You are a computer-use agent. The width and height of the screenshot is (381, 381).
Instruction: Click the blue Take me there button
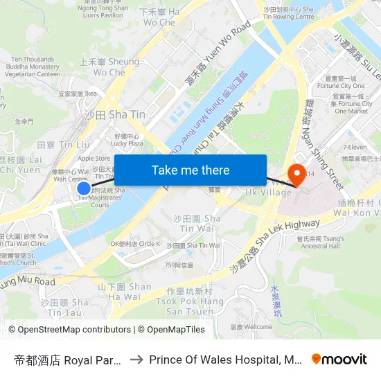(x=190, y=170)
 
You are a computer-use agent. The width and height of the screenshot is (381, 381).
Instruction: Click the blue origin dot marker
(x=84, y=188)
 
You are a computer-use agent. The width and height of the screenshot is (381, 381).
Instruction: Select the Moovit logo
(x=339, y=359)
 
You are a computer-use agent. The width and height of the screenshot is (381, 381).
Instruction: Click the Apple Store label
(x=94, y=159)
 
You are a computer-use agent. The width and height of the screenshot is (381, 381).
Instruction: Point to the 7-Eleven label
(x=357, y=148)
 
